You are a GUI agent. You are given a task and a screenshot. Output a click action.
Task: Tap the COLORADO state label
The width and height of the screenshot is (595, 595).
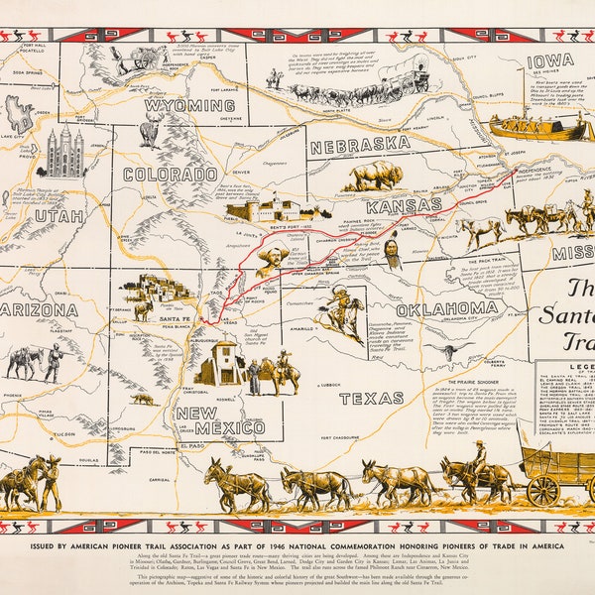point(170,174)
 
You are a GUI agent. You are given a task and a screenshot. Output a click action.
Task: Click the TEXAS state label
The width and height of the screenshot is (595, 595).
point(357,398)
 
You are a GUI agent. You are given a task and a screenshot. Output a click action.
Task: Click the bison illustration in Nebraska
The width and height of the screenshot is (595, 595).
point(376,177)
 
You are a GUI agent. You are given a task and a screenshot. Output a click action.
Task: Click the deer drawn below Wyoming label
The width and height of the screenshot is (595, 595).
point(150,129)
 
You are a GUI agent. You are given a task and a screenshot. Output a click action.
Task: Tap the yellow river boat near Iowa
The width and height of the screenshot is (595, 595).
point(541,127)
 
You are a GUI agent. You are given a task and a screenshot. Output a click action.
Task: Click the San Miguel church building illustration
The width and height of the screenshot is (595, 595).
point(218,364)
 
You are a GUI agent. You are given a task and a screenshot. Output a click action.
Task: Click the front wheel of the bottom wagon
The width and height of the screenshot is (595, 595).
point(542,490)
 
